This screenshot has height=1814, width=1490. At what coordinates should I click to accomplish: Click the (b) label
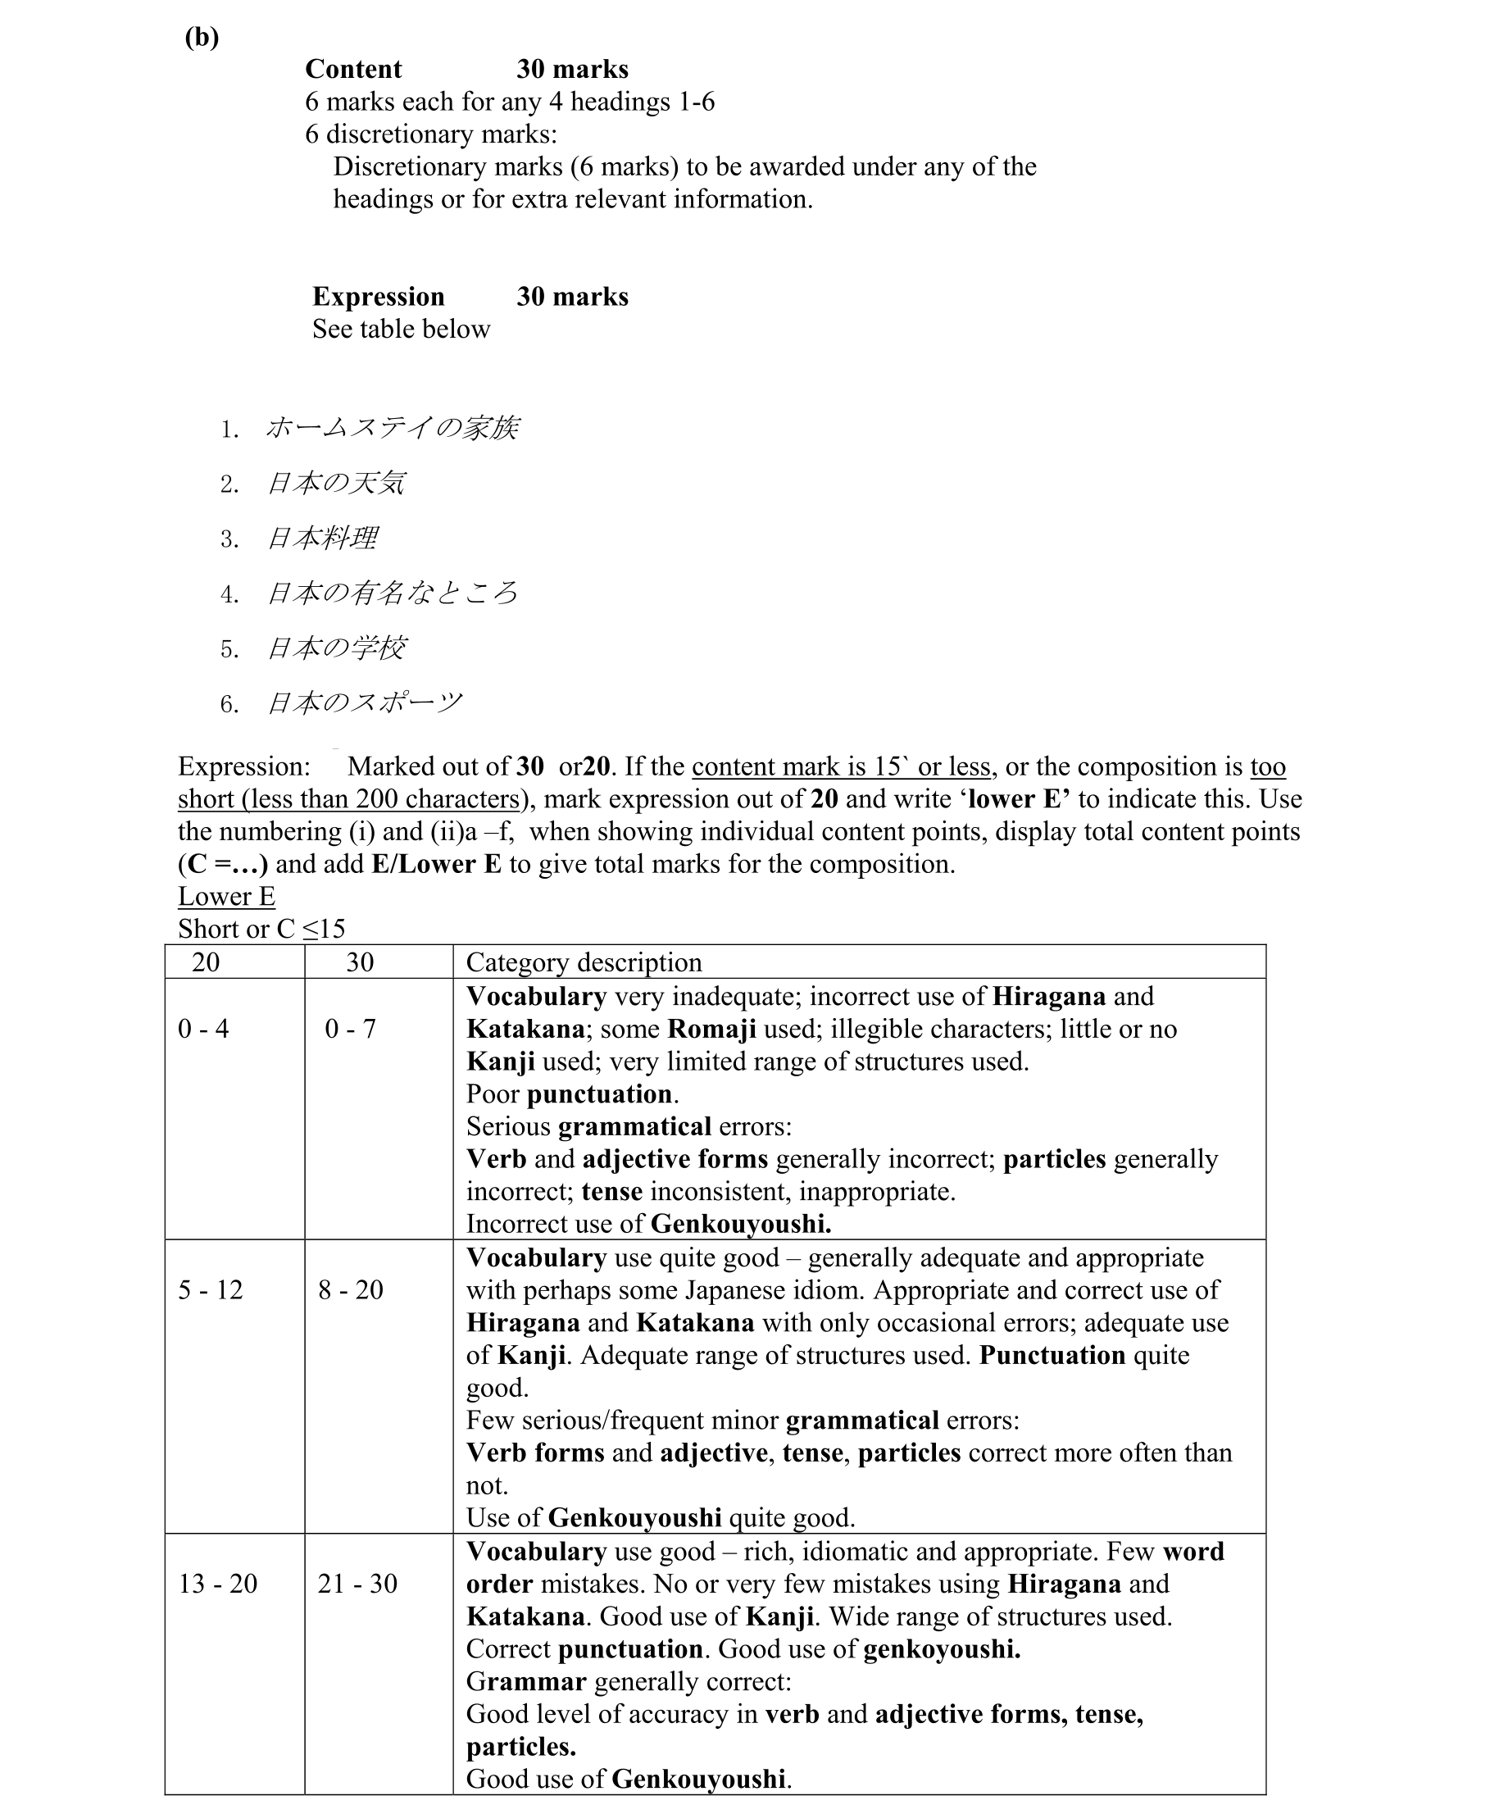202,37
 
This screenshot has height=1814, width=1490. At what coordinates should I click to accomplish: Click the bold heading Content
352,70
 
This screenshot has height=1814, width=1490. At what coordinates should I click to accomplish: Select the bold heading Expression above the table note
379,297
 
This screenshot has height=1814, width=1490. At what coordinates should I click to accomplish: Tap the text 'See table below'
401,330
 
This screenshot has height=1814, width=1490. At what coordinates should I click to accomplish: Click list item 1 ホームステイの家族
392,429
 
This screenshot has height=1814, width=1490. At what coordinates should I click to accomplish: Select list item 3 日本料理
322,539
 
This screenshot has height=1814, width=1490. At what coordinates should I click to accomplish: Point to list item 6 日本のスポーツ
364,703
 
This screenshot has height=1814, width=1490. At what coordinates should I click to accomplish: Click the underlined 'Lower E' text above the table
226,896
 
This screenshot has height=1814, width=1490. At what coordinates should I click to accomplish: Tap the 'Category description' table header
584,962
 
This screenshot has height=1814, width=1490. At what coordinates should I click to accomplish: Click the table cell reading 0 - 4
203,1029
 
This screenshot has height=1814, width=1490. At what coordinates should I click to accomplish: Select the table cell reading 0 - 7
350,1029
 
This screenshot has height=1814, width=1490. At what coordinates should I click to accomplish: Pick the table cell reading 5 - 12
211,1289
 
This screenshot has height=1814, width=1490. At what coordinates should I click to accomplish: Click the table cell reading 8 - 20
350,1289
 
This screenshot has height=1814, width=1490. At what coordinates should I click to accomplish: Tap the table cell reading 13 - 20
218,1583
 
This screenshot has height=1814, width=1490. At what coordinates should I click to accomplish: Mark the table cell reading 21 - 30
357,1583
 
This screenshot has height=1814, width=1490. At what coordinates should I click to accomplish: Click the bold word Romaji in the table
711,1029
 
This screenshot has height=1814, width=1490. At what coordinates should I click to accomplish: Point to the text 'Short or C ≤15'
261,929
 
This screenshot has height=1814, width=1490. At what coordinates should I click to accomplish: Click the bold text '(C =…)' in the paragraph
223,864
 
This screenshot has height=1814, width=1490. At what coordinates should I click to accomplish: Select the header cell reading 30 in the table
360,962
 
